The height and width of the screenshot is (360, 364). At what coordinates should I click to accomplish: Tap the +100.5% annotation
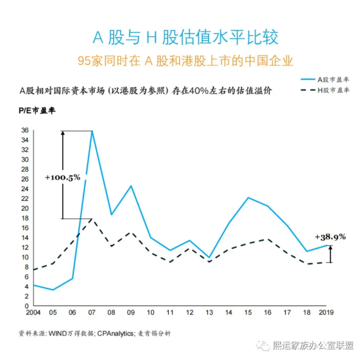[63, 177]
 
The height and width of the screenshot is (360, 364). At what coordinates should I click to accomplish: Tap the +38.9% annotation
[330, 236]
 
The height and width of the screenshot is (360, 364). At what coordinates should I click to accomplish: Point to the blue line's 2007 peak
[92, 131]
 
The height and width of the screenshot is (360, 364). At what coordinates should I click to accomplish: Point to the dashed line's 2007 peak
[92, 219]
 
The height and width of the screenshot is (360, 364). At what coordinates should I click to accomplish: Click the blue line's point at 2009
[131, 186]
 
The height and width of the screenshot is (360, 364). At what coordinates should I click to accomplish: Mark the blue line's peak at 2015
[248, 197]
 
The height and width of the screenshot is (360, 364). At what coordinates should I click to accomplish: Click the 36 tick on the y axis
[24, 130]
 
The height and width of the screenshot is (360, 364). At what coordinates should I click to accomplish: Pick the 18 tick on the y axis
[24, 218]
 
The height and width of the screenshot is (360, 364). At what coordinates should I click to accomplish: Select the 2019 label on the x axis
[325, 312]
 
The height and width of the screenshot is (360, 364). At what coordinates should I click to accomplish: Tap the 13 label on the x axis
[209, 312]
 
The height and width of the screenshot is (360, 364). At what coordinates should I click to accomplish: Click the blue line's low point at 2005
[53, 290]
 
